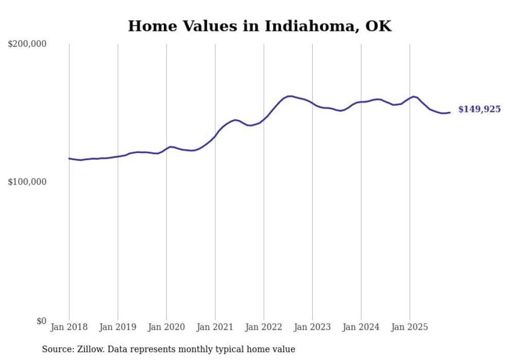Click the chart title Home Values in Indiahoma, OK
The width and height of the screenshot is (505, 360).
point(260,26)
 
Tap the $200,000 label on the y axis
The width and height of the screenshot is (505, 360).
point(27,44)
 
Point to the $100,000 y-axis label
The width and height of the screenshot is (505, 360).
point(27,182)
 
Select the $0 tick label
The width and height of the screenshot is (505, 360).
point(41,321)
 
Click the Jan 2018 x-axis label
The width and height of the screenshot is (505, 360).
point(69,327)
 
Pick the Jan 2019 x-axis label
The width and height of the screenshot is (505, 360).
point(117,327)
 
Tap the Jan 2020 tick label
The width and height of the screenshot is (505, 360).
point(166,327)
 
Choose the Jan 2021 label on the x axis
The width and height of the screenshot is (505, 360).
point(215,327)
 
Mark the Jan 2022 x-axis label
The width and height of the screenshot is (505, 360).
point(264,327)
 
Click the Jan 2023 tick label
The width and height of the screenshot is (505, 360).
point(312,327)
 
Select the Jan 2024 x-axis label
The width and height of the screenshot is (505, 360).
point(361,327)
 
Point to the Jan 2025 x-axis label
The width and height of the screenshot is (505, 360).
point(410,327)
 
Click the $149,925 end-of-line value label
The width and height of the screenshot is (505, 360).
point(479,109)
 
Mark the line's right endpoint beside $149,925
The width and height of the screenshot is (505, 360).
point(450,112)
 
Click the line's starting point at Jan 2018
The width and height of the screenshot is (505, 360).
point(69,158)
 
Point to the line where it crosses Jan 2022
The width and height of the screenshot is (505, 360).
point(264,119)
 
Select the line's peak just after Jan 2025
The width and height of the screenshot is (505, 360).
point(413,96)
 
